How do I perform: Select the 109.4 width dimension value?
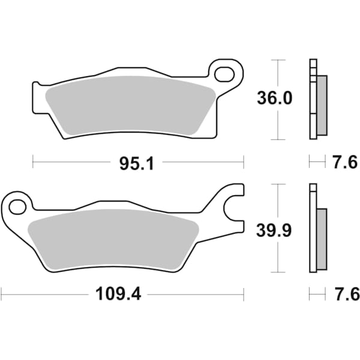point(118,294)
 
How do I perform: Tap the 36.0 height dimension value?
point(276,98)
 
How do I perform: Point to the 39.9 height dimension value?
point(276,230)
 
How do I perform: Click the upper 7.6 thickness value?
point(345,162)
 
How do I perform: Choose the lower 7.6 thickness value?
point(345,294)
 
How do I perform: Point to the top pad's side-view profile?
point(314,99)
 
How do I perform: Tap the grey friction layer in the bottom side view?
point(322,238)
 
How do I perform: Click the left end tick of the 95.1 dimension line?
point(33,162)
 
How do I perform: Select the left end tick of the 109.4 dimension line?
point(2,294)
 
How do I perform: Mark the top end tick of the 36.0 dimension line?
point(276,60)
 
